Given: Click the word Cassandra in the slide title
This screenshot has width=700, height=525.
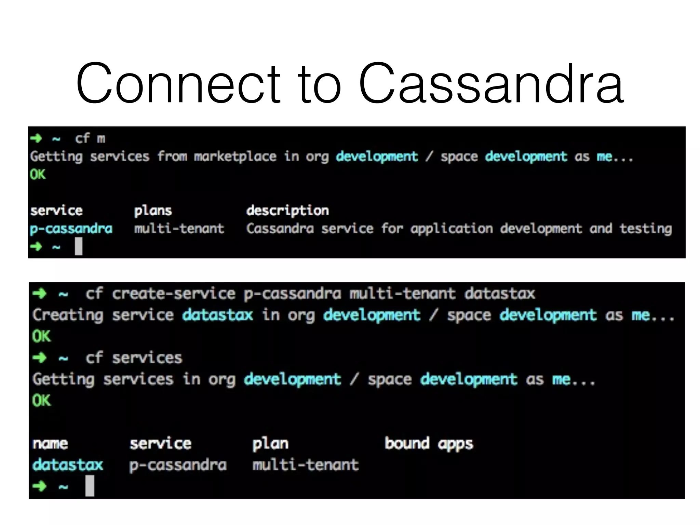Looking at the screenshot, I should [x=491, y=83].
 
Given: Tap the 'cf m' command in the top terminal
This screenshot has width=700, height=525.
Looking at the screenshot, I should [x=90, y=139].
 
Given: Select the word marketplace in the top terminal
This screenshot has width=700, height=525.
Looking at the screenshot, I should [x=235, y=157].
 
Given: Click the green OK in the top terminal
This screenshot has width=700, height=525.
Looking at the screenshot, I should [x=38, y=174].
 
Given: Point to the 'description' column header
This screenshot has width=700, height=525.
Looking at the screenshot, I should [x=287, y=211].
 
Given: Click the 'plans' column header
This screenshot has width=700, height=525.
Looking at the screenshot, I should [x=153, y=211].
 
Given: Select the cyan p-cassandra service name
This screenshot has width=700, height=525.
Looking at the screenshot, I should [x=71, y=228].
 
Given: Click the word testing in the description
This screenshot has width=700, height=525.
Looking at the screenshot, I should [x=646, y=228].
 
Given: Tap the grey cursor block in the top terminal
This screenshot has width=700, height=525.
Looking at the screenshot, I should [x=79, y=246].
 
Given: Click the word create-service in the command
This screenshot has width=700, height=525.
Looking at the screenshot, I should [x=174, y=294].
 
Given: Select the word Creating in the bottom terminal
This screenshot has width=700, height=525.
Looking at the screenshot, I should [x=68, y=315].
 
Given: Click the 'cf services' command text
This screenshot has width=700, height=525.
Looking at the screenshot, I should [x=134, y=358].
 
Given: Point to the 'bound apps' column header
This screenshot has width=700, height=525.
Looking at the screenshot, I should [x=429, y=443].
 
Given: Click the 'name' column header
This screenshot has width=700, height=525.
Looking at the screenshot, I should [x=50, y=443].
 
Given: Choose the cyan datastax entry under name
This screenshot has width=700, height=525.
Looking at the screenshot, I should [x=68, y=465].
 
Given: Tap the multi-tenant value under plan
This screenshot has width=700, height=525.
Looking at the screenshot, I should [x=306, y=465].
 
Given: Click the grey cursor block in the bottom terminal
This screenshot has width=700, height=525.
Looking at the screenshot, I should [x=90, y=486].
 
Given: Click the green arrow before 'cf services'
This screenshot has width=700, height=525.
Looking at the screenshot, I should [x=40, y=358].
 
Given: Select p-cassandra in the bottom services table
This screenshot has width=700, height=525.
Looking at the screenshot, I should [x=178, y=465].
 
